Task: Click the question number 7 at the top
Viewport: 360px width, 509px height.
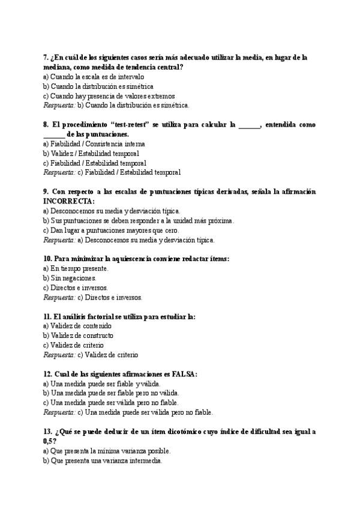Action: pyautogui.click(x=46, y=58)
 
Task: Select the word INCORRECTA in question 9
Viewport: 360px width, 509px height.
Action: pyautogui.click(x=68, y=201)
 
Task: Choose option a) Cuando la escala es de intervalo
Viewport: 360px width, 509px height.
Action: pyautogui.click(x=93, y=77)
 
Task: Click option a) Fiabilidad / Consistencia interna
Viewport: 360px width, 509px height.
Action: pyautogui.click(x=94, y=144)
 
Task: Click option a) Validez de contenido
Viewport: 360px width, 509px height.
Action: pyautogui.click(x=77, y=326)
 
